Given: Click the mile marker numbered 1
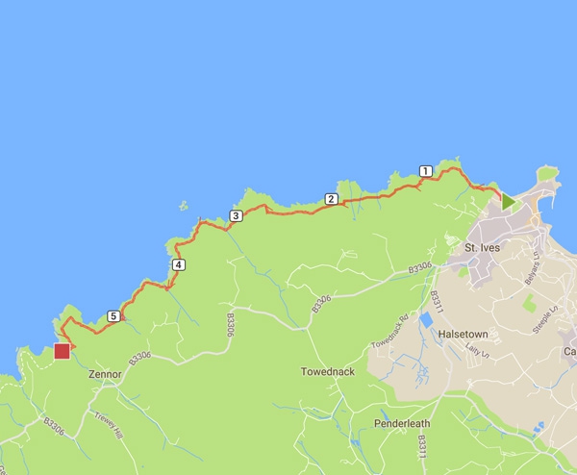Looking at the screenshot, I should point(425,171).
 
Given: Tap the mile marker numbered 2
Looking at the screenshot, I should point(331,199).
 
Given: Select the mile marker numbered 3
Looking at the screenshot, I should point(236,216).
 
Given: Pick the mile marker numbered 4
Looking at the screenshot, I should point(178,264).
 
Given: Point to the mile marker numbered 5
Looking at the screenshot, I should point(114,315).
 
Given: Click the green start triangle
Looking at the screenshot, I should point(508,200).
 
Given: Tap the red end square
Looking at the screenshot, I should point(63,351).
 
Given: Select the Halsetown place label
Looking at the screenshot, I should point(464,334).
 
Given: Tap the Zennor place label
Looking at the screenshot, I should point(104,374).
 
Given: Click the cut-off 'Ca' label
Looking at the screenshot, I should point(569,353).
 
